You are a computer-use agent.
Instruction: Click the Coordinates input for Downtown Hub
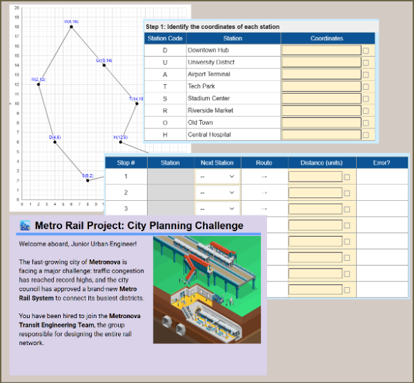point(321,50)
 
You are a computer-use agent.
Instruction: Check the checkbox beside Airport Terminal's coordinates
point(366,75)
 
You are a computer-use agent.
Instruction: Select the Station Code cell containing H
point(165,135)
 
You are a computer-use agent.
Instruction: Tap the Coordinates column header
point(327,39)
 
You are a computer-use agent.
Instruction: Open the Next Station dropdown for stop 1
point(217,177)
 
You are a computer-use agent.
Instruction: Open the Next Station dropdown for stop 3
point(217,208)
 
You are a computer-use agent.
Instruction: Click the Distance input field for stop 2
point(315,193)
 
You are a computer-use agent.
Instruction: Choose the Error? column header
point(381,163)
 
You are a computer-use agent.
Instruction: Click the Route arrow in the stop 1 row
point(264,177)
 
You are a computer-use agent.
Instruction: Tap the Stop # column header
point(126,163)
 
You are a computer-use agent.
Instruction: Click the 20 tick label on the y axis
point(17,7)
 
